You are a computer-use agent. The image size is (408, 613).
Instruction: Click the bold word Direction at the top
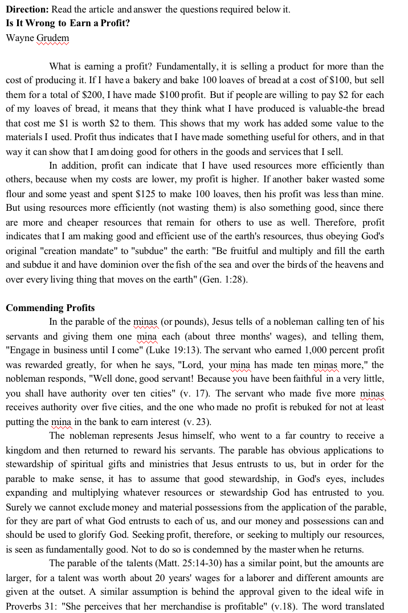coord(27,10)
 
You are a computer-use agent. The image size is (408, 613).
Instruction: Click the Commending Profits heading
coord(50,308)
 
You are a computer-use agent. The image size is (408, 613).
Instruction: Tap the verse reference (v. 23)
coord(197,422)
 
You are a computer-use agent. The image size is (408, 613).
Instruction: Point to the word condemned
coord(196,549)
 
